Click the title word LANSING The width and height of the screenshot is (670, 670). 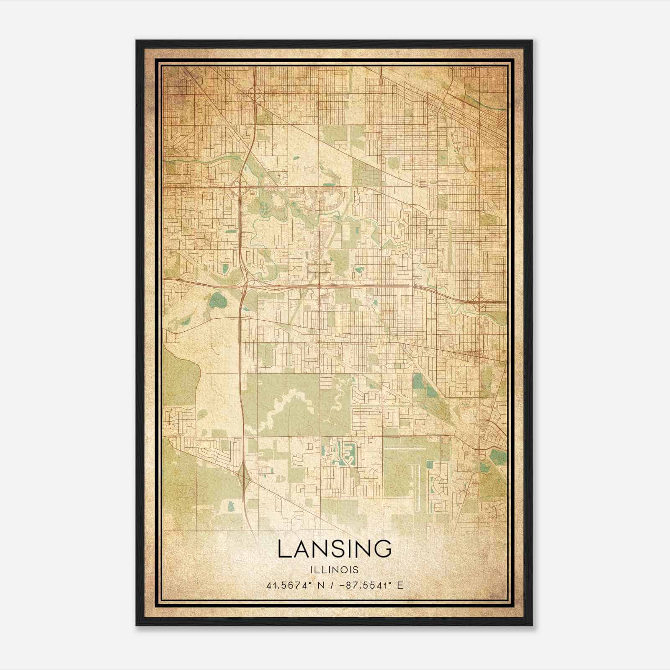tap(335, 549)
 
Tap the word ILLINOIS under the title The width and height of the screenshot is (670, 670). tap(335, 570)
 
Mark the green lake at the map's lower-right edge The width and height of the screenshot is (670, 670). tap(498, 455)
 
